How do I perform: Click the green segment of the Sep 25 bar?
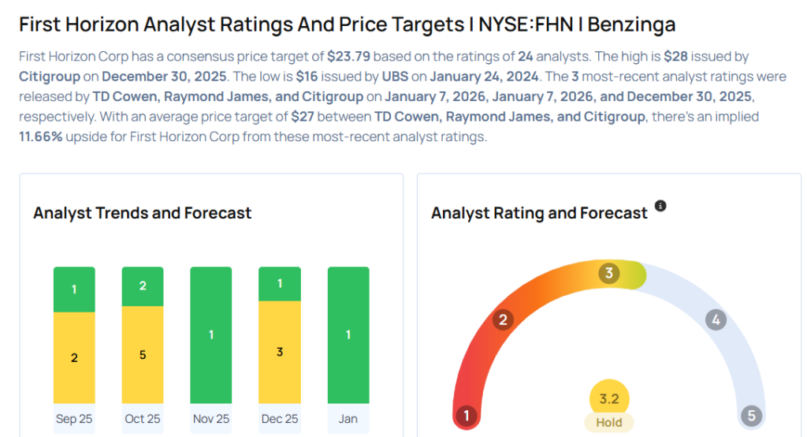(74, 289)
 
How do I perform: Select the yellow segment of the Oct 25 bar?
(143, 355)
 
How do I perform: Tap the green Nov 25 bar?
(211, 335)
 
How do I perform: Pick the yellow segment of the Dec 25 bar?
(280, 352)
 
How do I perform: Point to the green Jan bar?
(348, 335)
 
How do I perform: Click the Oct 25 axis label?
(143, 419)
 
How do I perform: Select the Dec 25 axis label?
(280, 419)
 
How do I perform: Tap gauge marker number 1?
(467, 416)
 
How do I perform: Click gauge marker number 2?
(502, 319)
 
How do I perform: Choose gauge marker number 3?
(608, 274)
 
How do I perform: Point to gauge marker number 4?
(716, 320)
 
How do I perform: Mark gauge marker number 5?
(751, 416)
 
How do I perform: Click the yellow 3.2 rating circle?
(609, 399)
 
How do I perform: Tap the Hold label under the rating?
(609, 423)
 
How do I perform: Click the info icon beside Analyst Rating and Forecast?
(660, 206)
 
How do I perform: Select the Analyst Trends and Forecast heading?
(143, 213)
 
